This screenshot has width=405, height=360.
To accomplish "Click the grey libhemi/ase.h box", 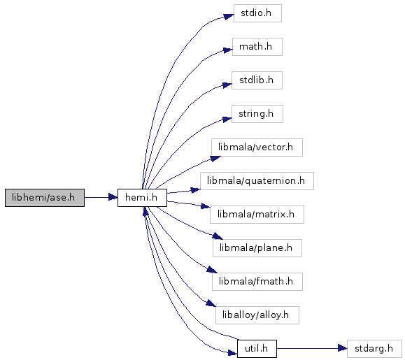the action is click(x=45, y=198).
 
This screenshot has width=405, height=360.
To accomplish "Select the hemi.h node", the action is click(x=142, y=198).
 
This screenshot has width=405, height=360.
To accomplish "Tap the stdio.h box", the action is click(x=257, y=13).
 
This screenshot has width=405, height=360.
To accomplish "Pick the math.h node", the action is click(x=257, y=47).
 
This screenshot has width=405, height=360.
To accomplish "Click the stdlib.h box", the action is click(x=257, y=80).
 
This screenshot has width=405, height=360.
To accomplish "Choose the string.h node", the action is click(x=257, y=114).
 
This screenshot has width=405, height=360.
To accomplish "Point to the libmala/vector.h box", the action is click(x=257, y=147).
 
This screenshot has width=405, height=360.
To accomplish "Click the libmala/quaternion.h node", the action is click(x=257, y=181).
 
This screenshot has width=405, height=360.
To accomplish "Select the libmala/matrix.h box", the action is click(x=257, y=215).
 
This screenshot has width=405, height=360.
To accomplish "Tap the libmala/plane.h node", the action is click(x=257, y=248).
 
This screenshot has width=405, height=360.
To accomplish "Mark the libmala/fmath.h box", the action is click(x=257, y=282).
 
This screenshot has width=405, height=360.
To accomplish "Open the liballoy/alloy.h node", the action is click(x=257, y=315).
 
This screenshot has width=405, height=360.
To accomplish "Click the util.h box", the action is click(x=257, y=349).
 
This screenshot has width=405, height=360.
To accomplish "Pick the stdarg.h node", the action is click(x=374, y=349).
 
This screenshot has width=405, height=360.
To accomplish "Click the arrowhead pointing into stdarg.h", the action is click(x=343, y=349).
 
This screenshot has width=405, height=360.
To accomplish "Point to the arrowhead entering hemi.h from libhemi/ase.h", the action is click(x=113, y=197).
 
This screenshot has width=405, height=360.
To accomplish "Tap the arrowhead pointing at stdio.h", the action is click(x=229, y=17).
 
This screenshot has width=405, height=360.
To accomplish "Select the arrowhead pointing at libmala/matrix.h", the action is click(x=206, y=206).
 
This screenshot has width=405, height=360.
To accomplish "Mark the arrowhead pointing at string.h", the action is click(x=227, y=120).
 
